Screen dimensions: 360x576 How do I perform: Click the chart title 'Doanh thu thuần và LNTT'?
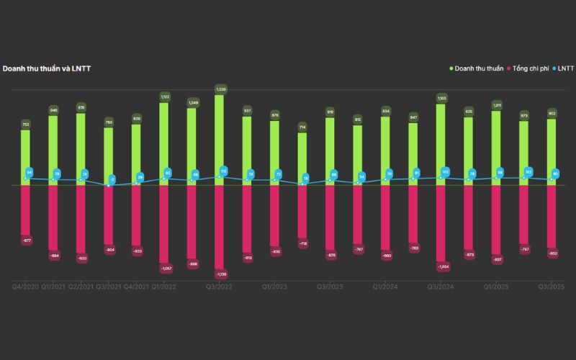[46, 68]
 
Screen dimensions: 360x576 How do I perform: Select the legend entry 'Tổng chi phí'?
[531, 68]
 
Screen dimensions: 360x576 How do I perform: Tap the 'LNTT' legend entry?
[565, 68]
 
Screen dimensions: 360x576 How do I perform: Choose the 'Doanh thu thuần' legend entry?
[480, 68]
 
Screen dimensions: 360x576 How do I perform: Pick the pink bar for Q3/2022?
[219, 227]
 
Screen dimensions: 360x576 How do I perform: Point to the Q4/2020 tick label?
[25, 287]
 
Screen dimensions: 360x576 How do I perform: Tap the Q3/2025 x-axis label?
[552, 287]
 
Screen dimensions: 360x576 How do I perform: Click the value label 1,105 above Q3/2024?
[441, 97]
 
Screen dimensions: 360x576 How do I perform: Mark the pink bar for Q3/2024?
[441, 223]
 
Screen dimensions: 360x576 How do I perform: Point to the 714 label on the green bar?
[302, 127]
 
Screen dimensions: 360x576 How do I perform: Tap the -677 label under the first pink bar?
[26, 240]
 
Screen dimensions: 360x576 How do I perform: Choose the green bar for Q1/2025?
[497, 148]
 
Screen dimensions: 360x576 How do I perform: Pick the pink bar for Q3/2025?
[552, 216]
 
